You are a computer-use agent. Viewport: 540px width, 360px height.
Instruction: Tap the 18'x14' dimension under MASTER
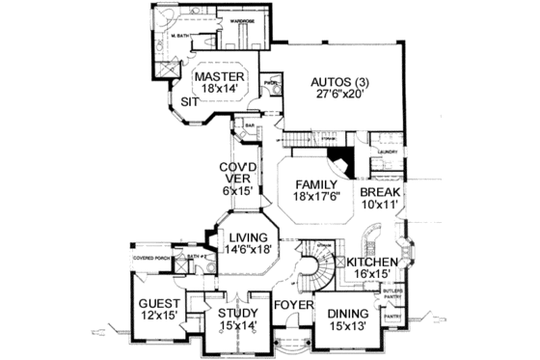tap(218, 91)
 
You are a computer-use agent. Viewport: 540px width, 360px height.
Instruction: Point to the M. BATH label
tap(180, 36)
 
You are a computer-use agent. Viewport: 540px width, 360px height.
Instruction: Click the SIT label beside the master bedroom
tap(189, 100)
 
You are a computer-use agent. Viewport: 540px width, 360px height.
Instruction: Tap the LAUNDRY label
tap(389, 152)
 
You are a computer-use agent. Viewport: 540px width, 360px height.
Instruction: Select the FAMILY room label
tap(315, 184)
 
